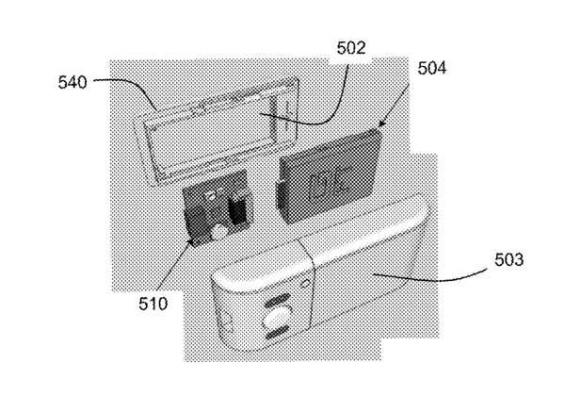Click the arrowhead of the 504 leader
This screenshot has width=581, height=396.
tap(381, 124)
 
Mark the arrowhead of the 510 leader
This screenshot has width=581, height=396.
tap(194, 239)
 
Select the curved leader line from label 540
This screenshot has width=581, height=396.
tap(126, 91)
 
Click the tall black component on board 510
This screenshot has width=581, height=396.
tap(239, 206)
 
